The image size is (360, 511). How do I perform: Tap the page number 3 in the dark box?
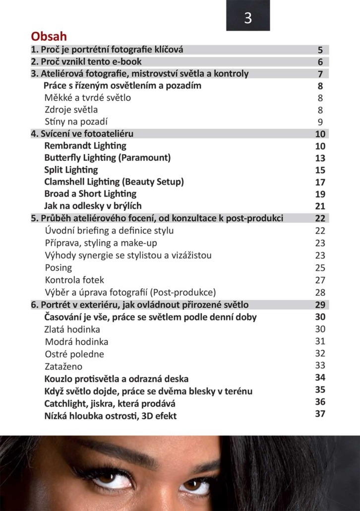tap(248, 18)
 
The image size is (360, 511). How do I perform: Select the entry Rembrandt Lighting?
tap(85, 146)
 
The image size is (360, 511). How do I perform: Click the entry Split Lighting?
tap(71, 170)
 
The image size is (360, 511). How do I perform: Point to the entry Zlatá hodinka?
tap(72, 329)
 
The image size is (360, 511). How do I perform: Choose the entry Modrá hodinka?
tap(76, 342)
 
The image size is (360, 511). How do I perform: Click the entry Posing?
tap(58, 268)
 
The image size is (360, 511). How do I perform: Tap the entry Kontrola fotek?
tap(74, 280)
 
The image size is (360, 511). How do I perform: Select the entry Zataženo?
tap(63, 367)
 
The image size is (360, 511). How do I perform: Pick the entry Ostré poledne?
tap(74, 354)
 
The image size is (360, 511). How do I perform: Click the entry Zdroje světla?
tap(71, 110)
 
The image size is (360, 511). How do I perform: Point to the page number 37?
tap(320, 414)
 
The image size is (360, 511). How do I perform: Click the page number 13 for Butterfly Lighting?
tap(320, 158)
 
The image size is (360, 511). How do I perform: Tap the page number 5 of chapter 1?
tap(320, 50)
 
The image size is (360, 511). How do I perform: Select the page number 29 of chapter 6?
tap(320, 305)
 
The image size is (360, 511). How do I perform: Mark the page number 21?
tap(320, 206)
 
